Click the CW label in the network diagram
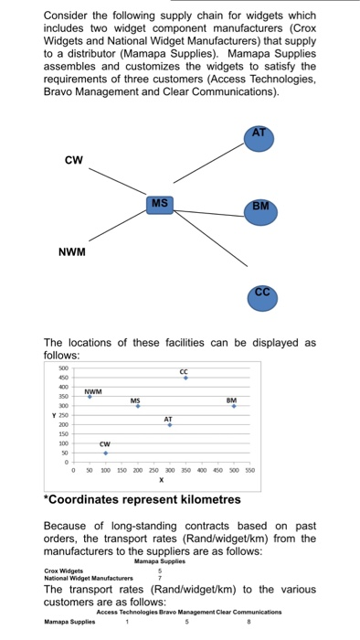(x=73, y=160)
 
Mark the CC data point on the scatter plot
(x=186, y=378)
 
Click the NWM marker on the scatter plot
(x=90, y=397)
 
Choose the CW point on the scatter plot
(x=105, y=453)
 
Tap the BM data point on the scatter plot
(x=233, y=406)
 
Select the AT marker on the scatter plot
(x=169, y=425)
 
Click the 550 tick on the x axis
(x=250, y=470)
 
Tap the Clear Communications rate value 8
(x=247, y=621)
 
